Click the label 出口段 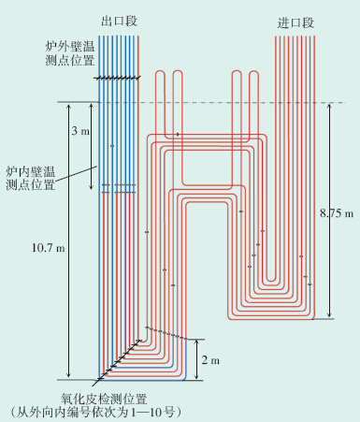[x=119, y=22]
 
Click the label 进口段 [x=295, y=22]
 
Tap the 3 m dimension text [x=80, y=131]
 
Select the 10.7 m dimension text [x=49, y=248]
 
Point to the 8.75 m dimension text [x=337, y=213]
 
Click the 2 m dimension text [x=210, y=360]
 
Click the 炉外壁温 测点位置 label [x=70, y=53]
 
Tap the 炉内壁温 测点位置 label [x=31, y=179]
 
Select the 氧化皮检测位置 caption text [x=104, y=399]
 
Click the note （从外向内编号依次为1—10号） [x=96, y=413]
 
